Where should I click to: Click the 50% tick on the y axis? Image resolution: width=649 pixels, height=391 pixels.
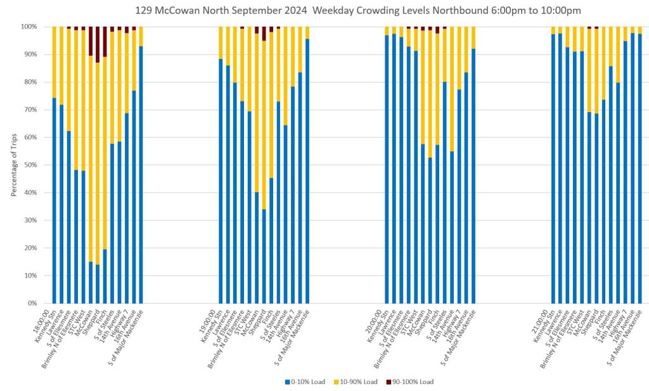click(29, 165)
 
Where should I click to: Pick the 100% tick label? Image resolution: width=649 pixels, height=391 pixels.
click(28, 27)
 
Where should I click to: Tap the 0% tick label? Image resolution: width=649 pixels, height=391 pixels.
click(31, 304)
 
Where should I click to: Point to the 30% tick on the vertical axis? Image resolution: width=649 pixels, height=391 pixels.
click(29, 221)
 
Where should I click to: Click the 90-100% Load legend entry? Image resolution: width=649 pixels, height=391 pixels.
click(413, 382)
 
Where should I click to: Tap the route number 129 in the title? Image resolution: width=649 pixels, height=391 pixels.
click(143, 10)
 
